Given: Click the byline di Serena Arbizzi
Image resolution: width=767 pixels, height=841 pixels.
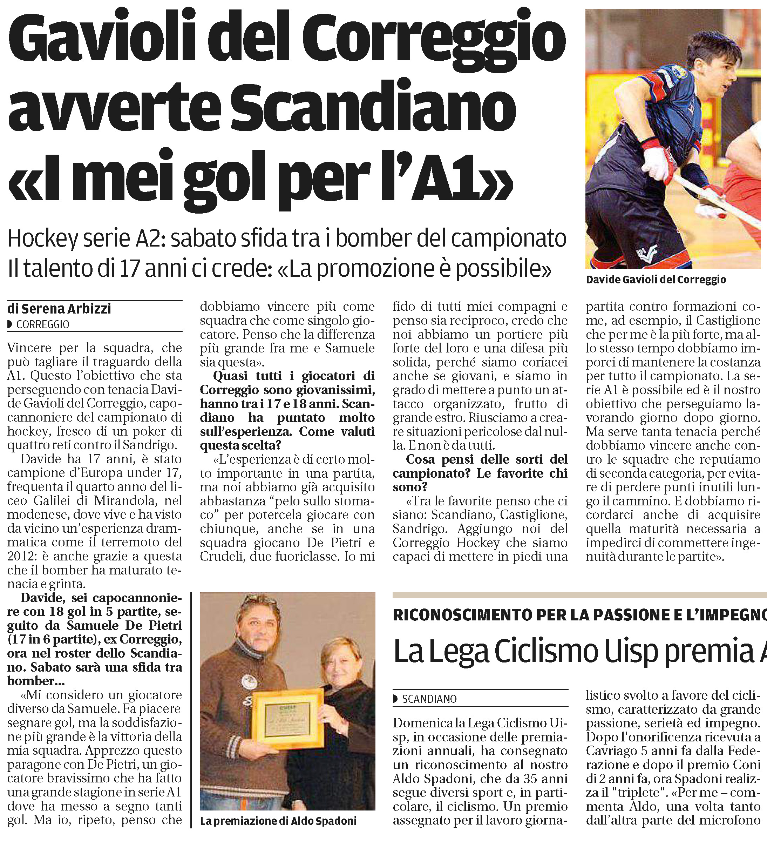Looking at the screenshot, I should (x=60, y=309).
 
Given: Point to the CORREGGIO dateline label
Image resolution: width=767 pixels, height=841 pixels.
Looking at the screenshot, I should (x=42, y=324).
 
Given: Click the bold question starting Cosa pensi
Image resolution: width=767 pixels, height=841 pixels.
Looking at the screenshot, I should (x=480, y=473).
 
